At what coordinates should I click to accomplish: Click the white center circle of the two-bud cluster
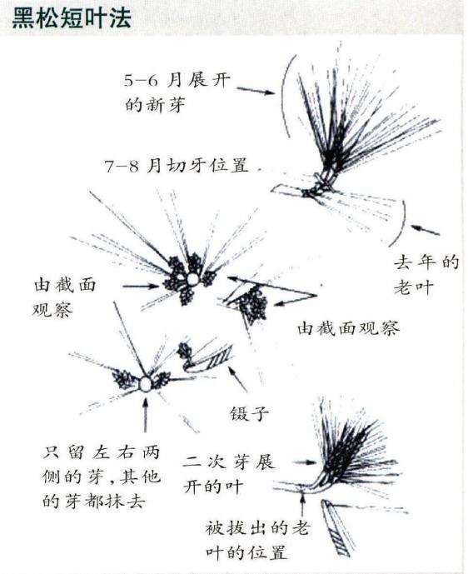146,384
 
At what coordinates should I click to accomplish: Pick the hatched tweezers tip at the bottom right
338,533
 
